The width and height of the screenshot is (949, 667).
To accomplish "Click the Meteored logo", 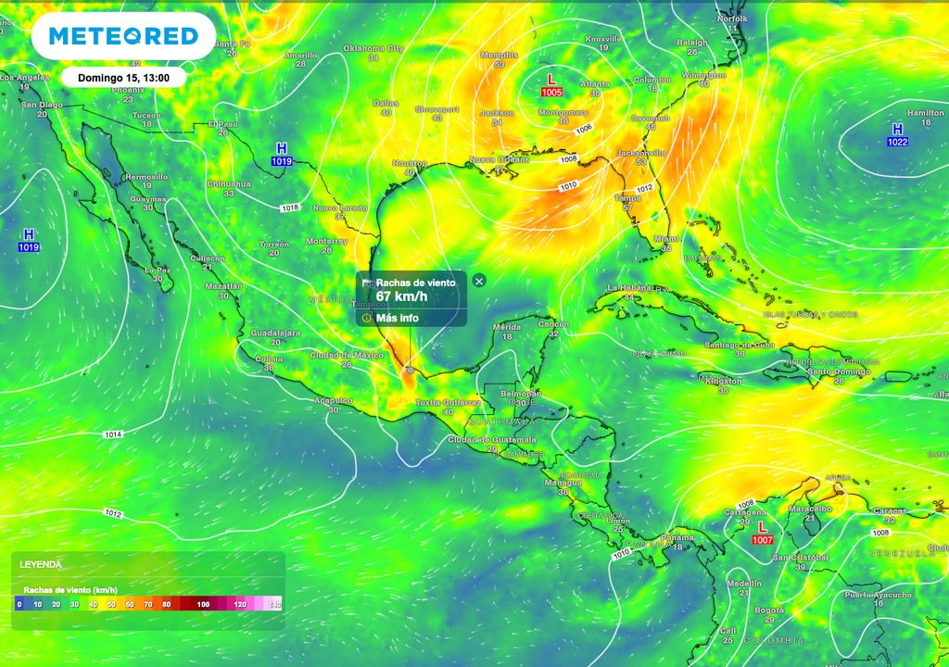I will pos(123,36).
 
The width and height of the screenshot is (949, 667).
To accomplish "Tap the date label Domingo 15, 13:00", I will pos(123,78).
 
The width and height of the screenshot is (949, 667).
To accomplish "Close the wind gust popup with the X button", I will pos(479,280).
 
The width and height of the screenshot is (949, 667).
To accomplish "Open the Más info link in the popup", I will pos(397,318).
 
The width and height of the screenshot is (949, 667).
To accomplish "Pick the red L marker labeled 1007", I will pos(763,533).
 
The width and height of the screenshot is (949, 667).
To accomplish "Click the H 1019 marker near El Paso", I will pos(282,155).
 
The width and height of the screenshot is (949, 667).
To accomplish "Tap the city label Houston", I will pos(410,163).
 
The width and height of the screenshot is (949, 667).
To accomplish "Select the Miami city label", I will pos(665,238).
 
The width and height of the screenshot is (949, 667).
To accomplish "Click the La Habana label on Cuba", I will pos(630,288).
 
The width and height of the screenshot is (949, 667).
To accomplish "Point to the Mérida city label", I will pos(507,327).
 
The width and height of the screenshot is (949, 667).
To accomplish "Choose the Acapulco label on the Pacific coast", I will pos(334,400).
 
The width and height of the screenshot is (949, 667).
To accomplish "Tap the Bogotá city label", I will pos(768,610).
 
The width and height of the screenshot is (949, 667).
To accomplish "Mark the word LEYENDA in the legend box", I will pos(41,564).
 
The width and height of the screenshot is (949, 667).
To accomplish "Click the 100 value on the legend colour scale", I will pos(202,604).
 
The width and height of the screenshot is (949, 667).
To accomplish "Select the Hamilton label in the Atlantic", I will pos(925,113).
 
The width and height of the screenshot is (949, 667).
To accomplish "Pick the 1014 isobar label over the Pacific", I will pos(113,434).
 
